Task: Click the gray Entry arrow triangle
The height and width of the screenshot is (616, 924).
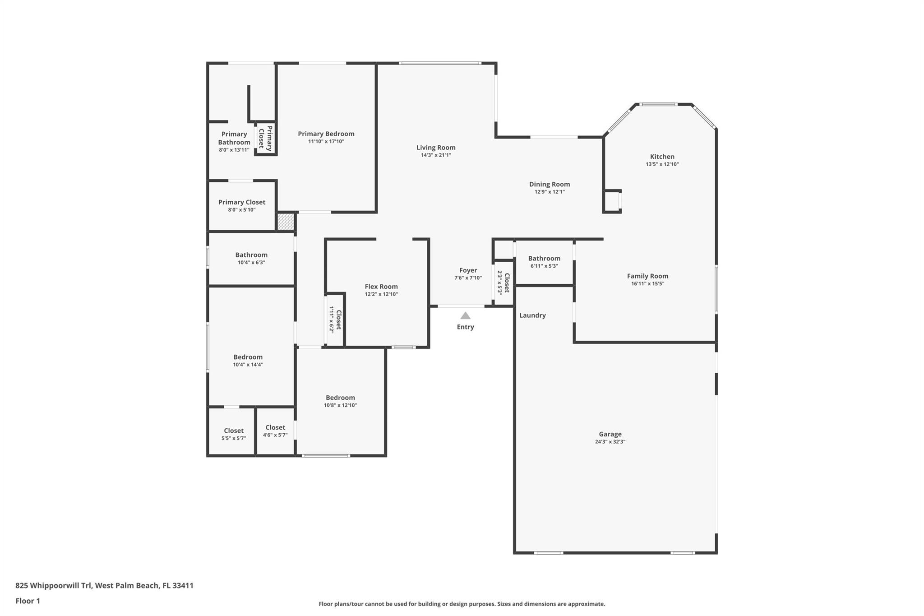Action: point(465,316)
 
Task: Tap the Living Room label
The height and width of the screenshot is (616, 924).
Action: point(436,148)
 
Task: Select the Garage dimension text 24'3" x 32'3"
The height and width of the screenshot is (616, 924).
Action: point(610,442)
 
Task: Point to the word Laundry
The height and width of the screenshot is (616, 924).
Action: point(532,315)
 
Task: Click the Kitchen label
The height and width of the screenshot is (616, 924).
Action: point(662,157)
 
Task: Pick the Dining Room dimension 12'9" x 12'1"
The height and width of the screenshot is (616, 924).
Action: point(550,192)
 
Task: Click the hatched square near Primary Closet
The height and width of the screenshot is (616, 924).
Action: point(286,222)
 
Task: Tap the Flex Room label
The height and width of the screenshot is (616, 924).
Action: point(381,287)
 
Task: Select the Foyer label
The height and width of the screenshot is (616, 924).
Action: point(468,270)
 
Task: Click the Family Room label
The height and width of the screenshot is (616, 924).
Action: point(647,276)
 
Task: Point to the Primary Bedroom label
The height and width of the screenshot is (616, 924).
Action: point(326,134)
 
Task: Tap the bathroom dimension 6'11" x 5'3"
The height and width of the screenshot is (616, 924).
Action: point(544,266)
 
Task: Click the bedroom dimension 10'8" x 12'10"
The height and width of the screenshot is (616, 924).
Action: point(340,405)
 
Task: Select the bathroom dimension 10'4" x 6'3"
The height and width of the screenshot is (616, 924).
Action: point(251,262)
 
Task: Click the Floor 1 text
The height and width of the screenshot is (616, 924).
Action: point(28,601)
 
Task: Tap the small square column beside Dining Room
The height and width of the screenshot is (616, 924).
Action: point(613,201)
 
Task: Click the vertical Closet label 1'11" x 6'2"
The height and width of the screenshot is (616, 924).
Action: point(335,320)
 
